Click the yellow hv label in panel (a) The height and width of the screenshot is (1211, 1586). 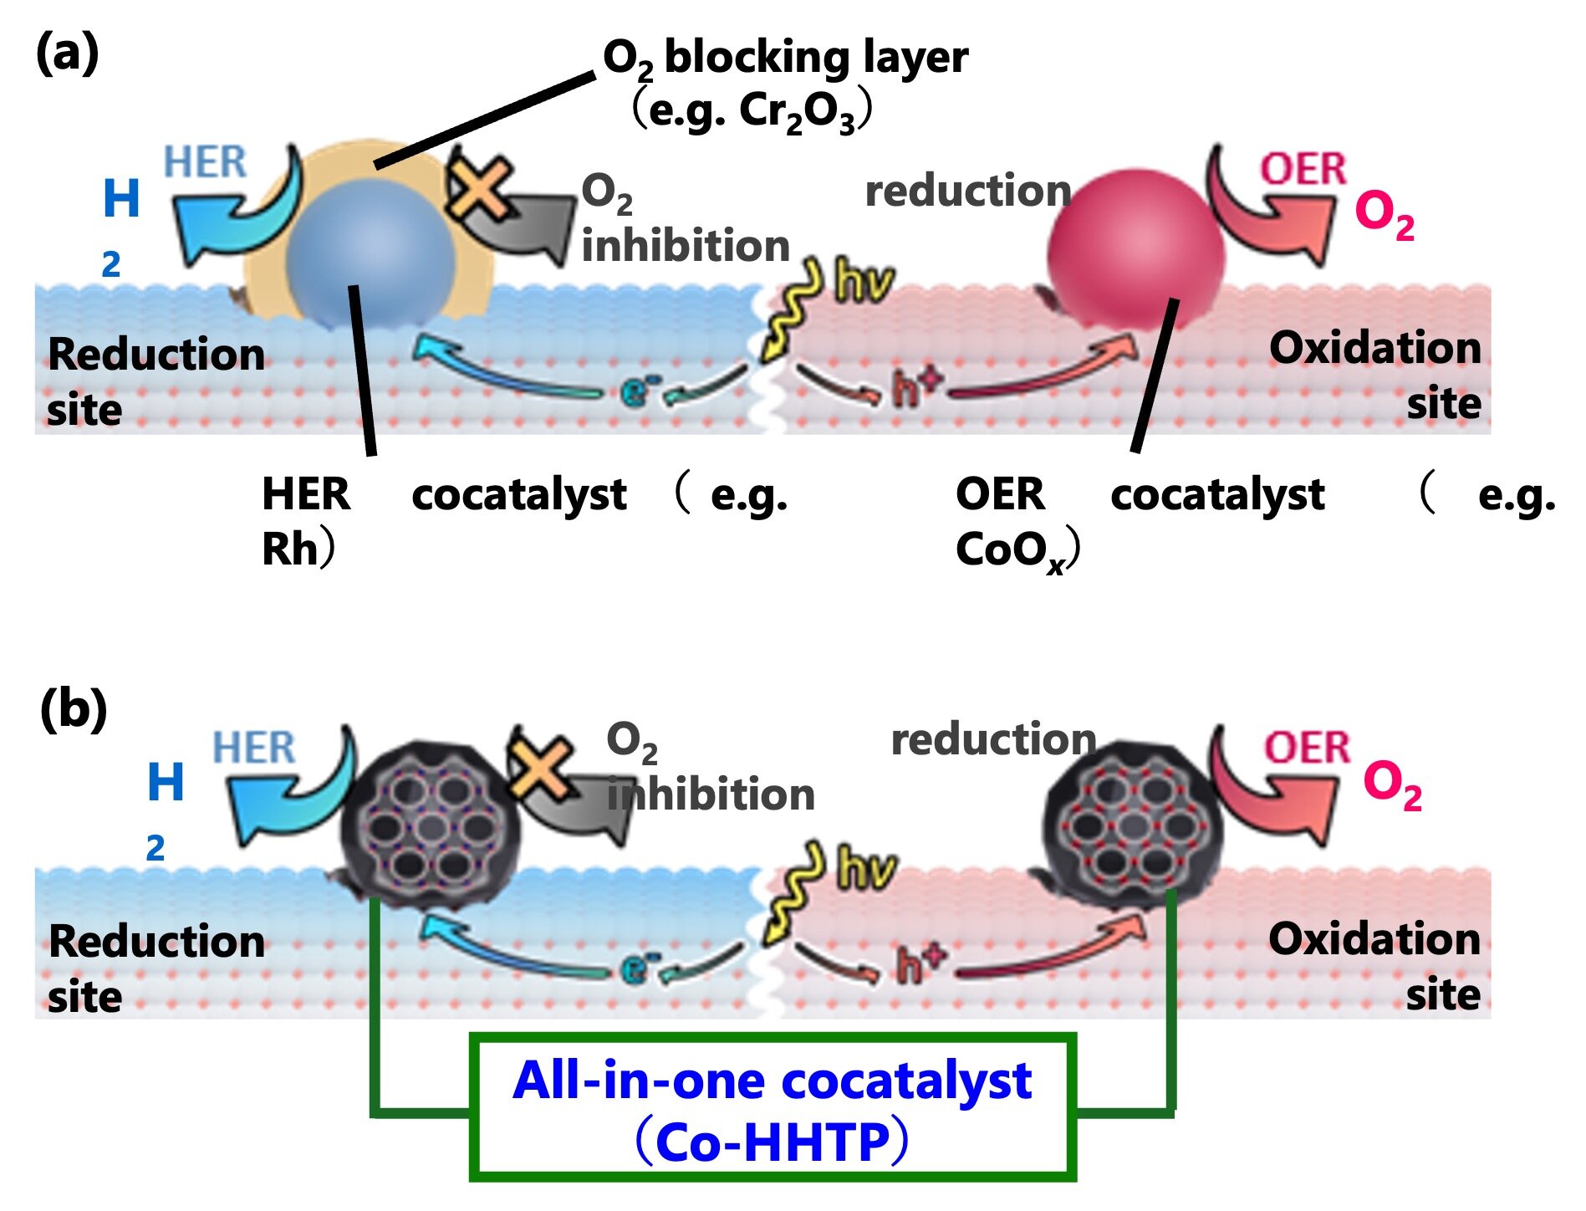[x=864, y=284]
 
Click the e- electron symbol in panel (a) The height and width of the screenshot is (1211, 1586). [x=639, y=389]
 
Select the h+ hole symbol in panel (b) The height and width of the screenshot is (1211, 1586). [x=920, y=963]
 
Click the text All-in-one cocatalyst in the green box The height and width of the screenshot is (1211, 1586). [x=772, y=1081]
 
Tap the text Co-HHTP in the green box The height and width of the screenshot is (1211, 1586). [x=773, y=1142]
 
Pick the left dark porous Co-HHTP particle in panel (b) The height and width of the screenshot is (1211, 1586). [x=431, y=824]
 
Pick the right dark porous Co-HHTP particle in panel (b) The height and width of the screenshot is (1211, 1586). [x=1133, y=824]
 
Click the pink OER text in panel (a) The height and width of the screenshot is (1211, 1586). [x=1303, y=169]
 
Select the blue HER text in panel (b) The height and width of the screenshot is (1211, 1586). [x=253, y=747]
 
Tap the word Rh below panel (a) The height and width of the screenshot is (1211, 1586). [x=290, y=549]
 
